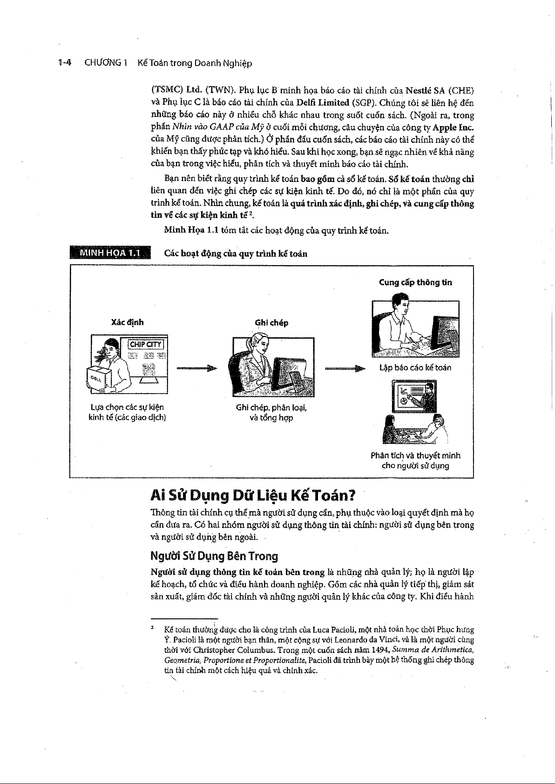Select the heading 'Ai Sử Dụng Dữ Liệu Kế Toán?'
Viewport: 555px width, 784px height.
(x=253, y=496)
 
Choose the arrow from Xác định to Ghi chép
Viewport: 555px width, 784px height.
(x=197, y=369)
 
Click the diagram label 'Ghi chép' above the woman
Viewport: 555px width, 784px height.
(x=271, y=322)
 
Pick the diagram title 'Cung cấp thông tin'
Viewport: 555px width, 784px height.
(x=415, y=282)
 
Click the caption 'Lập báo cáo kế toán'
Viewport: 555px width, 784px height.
(x=415, y=368)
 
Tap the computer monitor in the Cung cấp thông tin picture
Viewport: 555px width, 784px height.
(x=445, y=334)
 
